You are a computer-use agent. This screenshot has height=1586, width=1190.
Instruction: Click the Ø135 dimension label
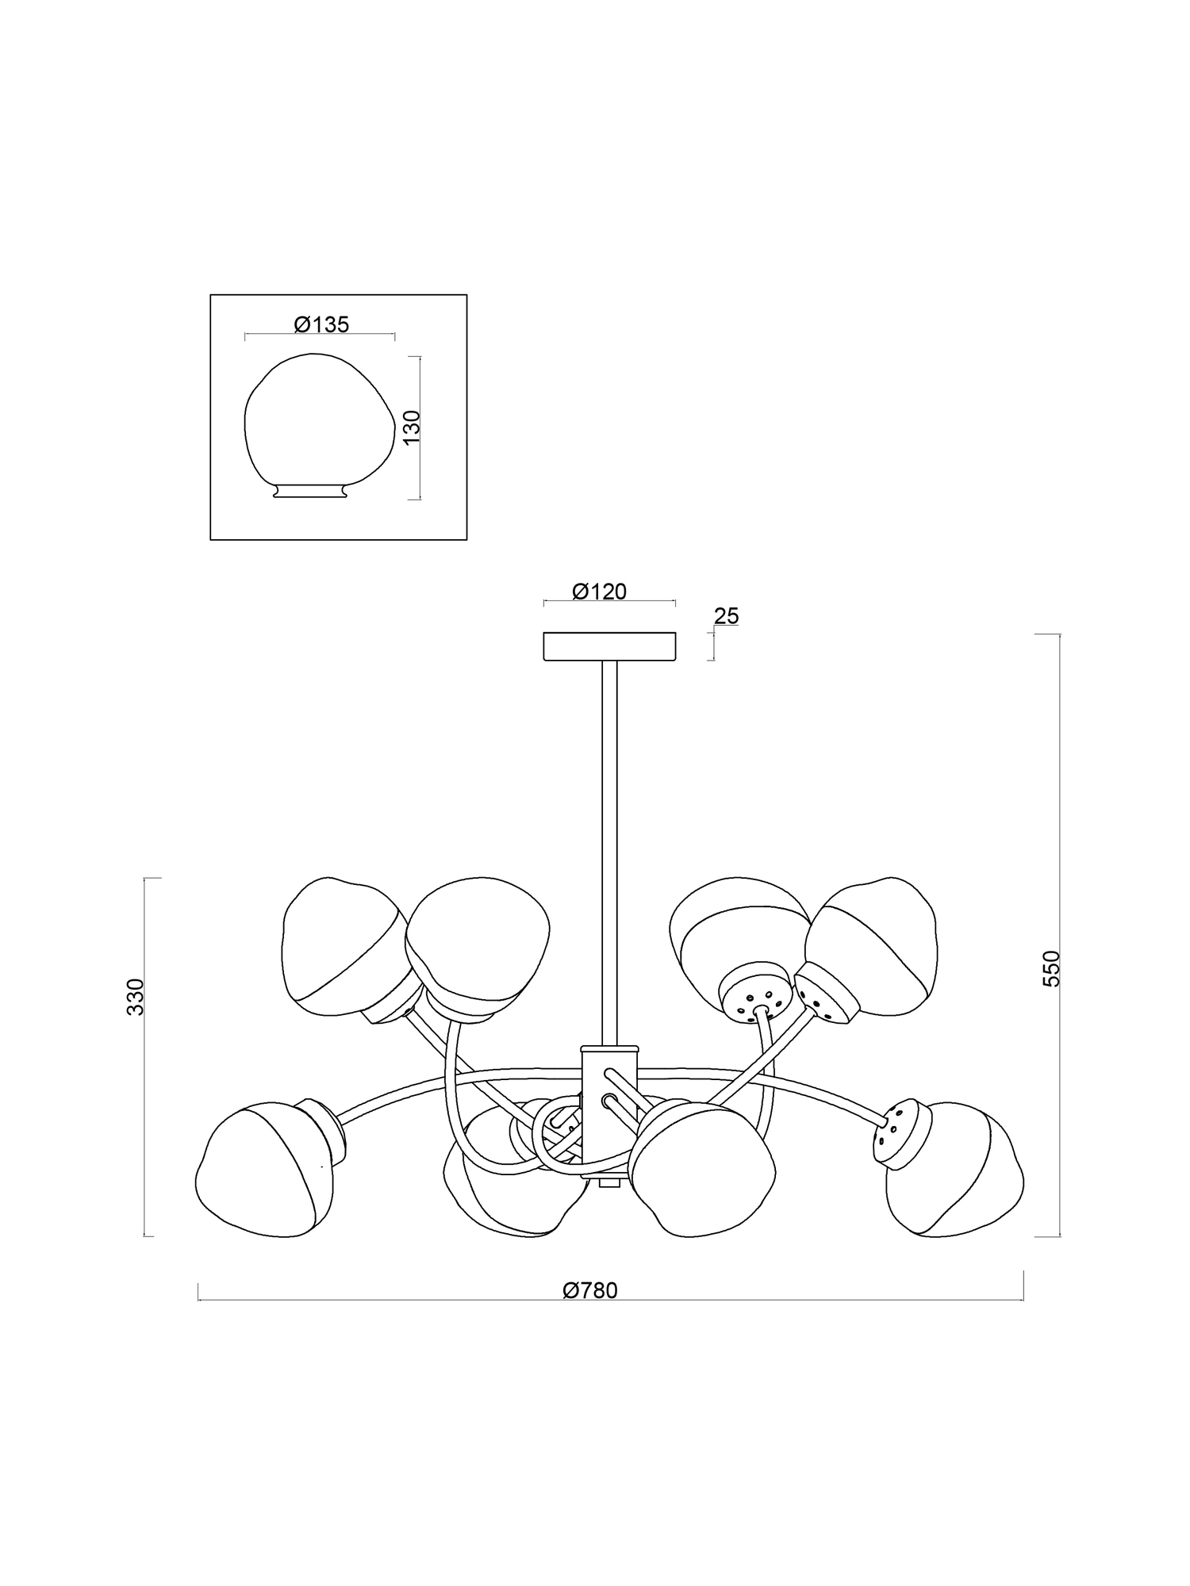[x=321, y=324]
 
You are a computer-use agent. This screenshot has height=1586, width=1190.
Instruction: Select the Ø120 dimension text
[x=599, y=592]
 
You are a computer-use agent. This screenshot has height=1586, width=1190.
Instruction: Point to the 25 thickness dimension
[x=726, y=616]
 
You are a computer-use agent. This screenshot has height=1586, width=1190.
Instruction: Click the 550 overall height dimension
[x=1051, y=968]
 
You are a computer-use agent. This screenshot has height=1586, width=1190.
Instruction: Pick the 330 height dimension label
[x=136, y=997]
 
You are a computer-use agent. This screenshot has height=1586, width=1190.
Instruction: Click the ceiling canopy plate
[x=609, y=646]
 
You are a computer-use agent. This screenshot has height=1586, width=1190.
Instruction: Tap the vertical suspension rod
[x=609, y=849]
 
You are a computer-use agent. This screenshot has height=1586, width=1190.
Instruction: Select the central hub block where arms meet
[x=608, y=1110]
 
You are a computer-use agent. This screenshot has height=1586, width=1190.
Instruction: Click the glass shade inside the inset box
[x=317, y=420]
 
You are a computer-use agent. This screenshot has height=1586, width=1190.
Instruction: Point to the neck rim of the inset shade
[x=309, y=492]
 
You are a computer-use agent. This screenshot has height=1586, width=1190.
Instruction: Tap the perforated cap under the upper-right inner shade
[x=755, y=995]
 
